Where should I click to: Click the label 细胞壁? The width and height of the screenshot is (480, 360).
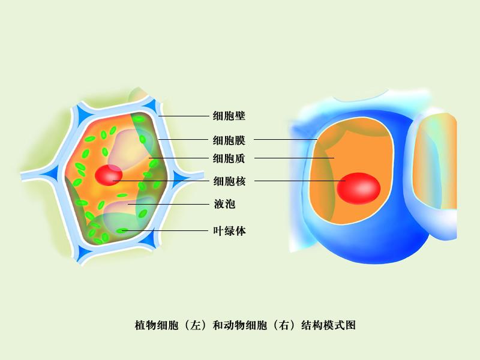[229, 116]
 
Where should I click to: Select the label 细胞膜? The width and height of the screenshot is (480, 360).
[229, 140]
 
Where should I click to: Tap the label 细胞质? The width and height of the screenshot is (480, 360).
[229, 158]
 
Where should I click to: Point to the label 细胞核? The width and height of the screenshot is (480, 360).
[229, 181]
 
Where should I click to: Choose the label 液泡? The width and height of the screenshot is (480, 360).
[224, 204]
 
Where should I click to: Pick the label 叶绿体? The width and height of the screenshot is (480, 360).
[229, 230]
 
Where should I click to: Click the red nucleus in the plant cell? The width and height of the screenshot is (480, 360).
[109, 176]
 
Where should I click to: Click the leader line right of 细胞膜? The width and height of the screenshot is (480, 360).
[285, 140]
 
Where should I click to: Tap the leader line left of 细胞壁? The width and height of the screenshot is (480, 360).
[183, 116]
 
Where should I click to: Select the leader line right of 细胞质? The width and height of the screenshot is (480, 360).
[294, 158]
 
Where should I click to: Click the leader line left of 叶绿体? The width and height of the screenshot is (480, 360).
[168, 230]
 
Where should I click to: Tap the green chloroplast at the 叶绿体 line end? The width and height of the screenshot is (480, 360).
[122, 230]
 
